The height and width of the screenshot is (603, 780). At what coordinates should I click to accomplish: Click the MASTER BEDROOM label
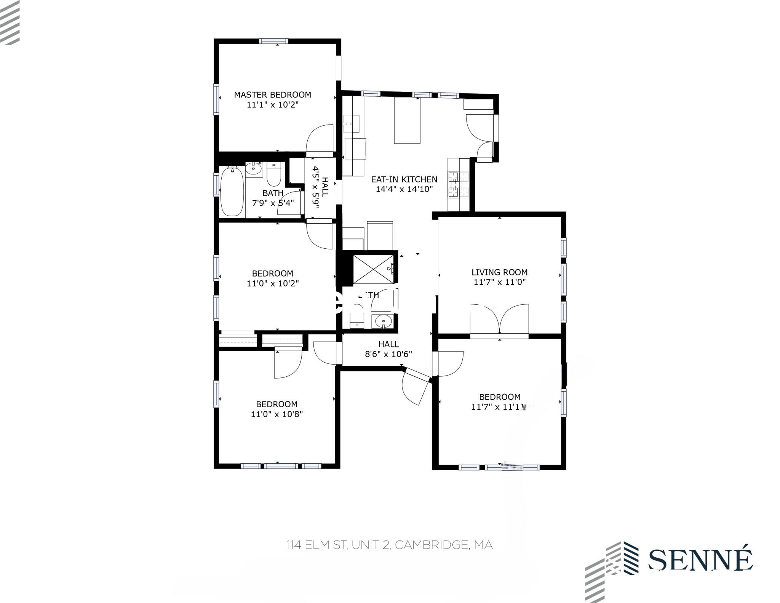point(272,95)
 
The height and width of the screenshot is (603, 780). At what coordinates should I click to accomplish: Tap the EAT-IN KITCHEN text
point(404,179)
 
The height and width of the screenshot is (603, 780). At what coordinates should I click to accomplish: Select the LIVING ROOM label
point(499,272)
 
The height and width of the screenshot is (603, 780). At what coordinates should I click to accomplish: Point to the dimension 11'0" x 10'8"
point(277,414)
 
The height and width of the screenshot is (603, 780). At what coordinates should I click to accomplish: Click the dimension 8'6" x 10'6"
point(388,354)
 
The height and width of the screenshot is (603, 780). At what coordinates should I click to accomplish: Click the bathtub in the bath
point(232,192)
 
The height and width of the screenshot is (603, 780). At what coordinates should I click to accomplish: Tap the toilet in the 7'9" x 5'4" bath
point(273,175)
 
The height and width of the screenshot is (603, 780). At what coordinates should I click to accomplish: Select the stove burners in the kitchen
point(459,184)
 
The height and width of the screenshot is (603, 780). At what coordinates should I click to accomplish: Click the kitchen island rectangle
point(407,120)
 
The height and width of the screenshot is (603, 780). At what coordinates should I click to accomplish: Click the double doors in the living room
point(499,318)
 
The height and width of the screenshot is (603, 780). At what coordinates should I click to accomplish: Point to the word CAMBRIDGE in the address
point(432,545)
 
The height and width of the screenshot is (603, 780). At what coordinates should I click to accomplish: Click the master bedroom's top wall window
point(274,42)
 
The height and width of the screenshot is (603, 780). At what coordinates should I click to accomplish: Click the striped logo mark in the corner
point(10,22)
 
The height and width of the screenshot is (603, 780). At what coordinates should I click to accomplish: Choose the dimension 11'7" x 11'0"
point(499,282)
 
